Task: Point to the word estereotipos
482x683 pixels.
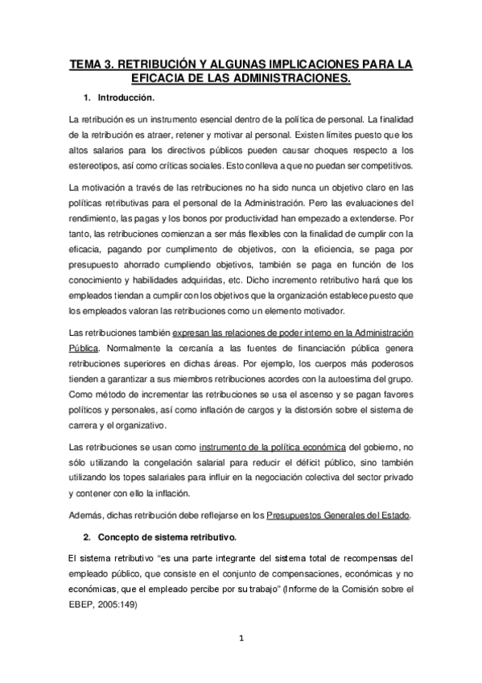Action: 97,165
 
